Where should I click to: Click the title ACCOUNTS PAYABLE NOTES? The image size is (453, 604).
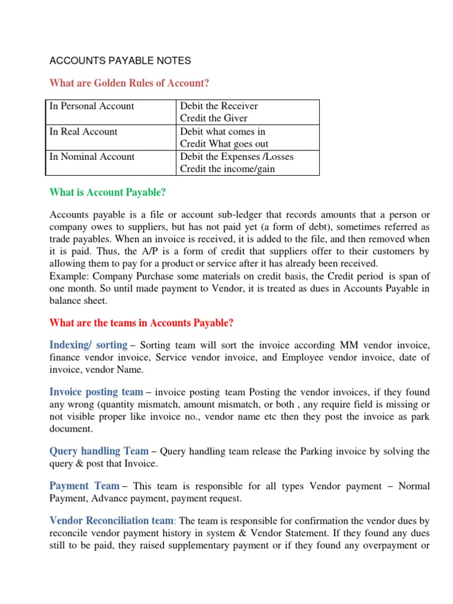(x=120, y=61)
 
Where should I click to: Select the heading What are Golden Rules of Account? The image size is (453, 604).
(x=130, y=83)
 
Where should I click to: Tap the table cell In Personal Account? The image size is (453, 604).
(x=92, y=106)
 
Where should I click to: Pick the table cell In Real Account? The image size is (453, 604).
(x=84, y=132)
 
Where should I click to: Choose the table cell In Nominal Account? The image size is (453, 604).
(x=92, y=157)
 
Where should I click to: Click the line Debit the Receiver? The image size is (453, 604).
(x=219, y=106)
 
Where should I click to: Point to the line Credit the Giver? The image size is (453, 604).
(x=214, y=119)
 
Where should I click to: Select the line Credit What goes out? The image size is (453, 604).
(x=224, y=144)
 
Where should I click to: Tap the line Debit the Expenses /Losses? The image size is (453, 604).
(x=237, y=157)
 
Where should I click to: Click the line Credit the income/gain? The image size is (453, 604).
(x=227, y=169)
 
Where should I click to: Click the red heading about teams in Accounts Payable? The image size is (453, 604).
(x=142, y=323)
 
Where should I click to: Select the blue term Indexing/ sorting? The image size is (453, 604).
(x=88, y=345)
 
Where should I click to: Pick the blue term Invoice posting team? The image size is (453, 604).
(x=96, y=392)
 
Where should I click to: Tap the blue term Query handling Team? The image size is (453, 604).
(x=99, y=451)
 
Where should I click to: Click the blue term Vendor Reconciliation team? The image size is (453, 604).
(x=111, y=521)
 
